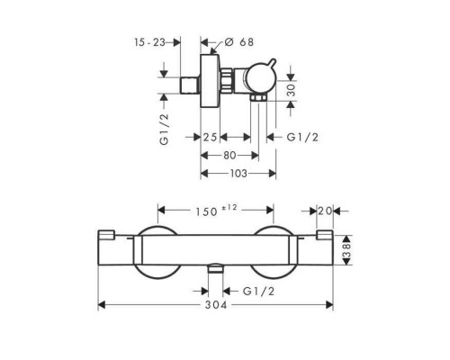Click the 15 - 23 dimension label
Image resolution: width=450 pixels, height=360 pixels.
coord(149,42)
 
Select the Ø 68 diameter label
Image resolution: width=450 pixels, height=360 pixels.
coord(238,42)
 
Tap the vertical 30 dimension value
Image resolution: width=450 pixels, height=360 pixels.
coord(291,90)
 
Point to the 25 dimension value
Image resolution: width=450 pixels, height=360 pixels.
coord(210,138)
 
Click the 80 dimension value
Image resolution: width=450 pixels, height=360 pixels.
coord(229,156)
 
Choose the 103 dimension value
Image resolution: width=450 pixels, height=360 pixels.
coord(238,174)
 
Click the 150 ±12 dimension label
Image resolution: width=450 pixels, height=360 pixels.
coord(216,211)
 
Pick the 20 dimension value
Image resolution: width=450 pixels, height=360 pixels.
coord(325,211)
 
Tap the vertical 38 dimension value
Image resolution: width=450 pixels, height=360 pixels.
coord(346,250)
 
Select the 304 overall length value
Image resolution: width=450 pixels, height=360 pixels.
coord(220,305)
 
